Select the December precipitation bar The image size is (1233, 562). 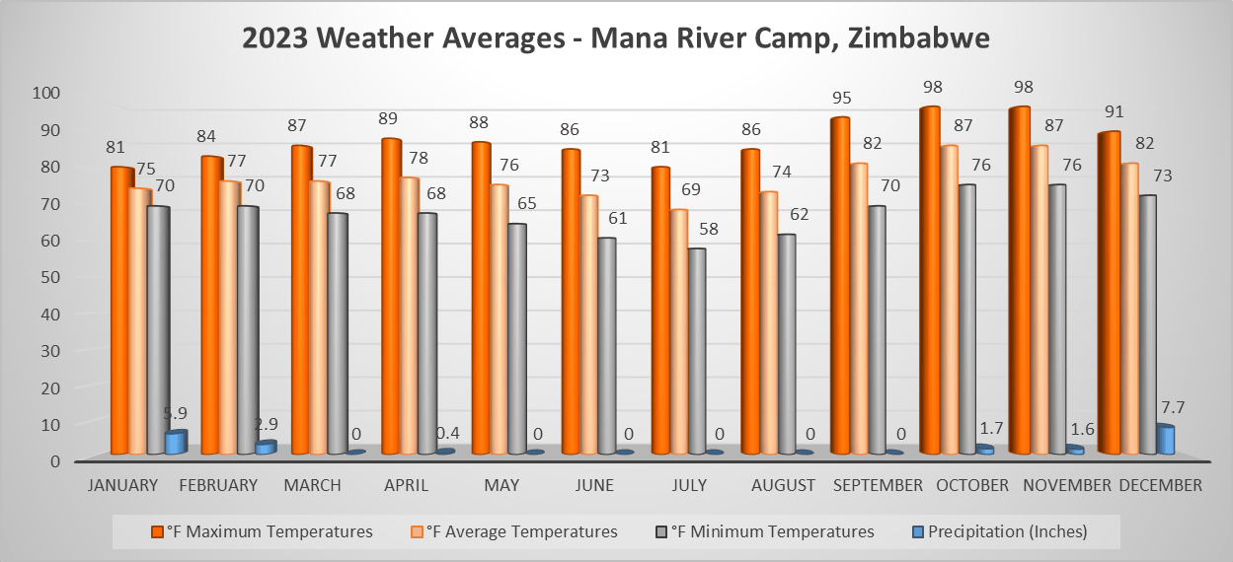point(1165,440)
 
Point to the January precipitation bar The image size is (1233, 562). point(175,443)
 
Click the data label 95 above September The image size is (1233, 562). point(841,98)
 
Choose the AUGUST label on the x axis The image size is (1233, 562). point(783,485)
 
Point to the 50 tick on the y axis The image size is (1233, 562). point(48,277)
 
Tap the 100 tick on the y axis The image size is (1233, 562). point(45,93)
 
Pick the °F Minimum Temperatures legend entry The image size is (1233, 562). point(766,531)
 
